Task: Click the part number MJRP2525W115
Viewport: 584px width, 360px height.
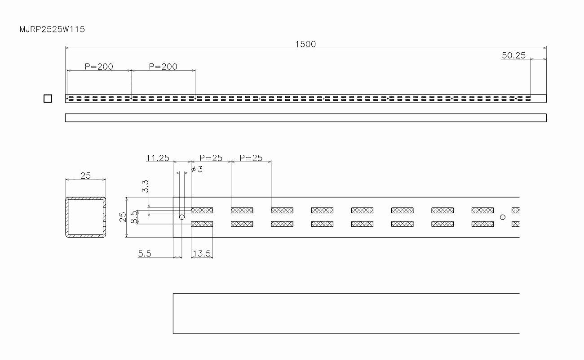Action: (x=52, y=30)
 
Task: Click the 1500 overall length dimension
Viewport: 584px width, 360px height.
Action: (x=305, y=44)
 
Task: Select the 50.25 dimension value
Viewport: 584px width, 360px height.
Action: (x=513, y=56)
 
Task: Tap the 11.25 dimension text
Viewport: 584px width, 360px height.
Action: (x=157, y=158)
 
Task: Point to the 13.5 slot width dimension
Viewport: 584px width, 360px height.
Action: (x=201, y=253)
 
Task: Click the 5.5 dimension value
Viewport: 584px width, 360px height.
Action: (x=145, y=254)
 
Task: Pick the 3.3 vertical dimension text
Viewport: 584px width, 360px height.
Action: (x=145, y=186)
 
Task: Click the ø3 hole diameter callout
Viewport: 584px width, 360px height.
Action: (x=197, y=169)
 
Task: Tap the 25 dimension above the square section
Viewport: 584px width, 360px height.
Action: (x=85, y=175)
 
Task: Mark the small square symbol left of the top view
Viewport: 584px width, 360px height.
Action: (x=48, y=99)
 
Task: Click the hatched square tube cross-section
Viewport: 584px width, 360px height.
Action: (x=86, y=217)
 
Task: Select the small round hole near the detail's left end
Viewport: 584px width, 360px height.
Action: (x=182, y=217)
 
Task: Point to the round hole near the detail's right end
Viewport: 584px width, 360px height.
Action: (x=503, y=217)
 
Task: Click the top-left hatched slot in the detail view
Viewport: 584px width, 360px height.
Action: (x=202, y=210)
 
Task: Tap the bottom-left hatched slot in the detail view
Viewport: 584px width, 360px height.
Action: (x=202, y=224)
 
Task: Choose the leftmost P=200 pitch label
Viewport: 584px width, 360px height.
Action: (x=99, y=67)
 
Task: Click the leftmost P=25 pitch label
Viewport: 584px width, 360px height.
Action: (x=211, y=158)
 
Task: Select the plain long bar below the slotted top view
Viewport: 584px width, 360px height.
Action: (x=305, y=118)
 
